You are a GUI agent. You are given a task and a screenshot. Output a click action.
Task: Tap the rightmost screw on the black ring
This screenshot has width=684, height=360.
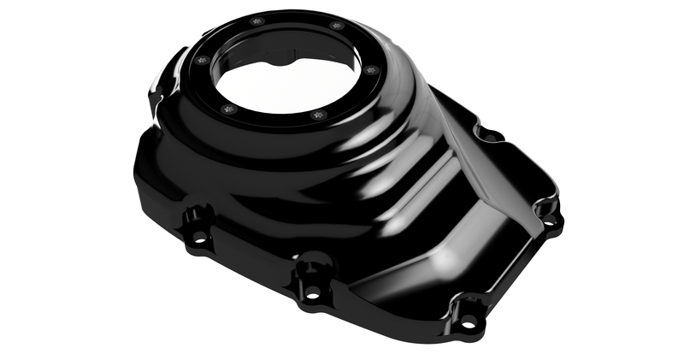369,70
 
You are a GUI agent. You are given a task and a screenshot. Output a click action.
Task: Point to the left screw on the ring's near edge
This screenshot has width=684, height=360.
227,109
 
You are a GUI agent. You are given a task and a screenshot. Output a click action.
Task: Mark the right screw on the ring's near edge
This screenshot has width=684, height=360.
318,114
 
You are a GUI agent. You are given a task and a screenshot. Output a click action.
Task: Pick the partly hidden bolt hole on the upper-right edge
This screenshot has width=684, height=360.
488,134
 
